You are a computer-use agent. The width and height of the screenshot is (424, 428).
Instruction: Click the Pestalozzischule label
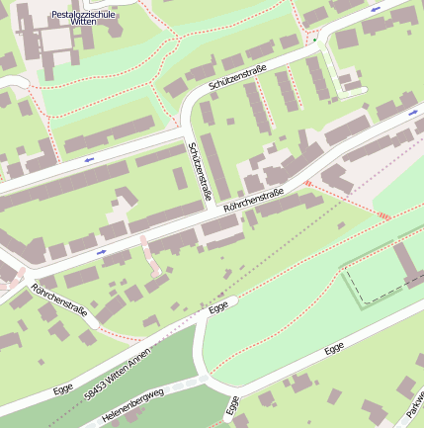click(x=83, y=16)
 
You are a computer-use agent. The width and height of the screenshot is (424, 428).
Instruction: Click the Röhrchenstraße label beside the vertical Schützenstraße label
click(x=254, y=200)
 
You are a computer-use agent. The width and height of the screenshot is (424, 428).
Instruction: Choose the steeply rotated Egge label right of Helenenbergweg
click(x=232, y=405)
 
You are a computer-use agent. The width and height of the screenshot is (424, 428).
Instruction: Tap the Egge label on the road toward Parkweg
click(x=334, y=349)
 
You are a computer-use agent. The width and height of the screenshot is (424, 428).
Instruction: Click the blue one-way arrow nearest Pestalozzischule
click(x=89, y=158)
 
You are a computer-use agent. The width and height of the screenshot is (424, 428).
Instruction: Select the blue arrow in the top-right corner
click(x=375, y=10)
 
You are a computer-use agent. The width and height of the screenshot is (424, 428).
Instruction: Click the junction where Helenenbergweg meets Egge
click(x=203, y=378)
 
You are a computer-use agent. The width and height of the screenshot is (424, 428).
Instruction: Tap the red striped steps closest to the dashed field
click(x=382, y=216)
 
